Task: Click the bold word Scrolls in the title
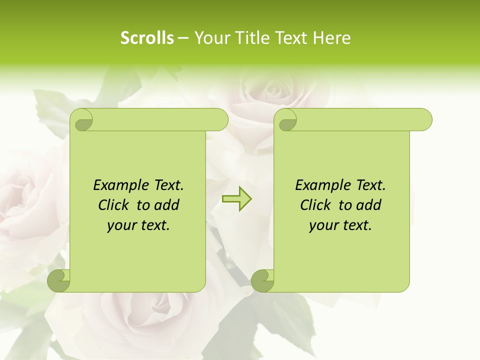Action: pos(147,37)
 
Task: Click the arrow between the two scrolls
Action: pos(236,199)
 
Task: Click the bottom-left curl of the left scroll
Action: pos(59,280)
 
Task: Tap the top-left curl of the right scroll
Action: pos(286,120)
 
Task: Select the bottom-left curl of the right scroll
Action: pos(263,280)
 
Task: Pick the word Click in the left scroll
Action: pos(113,205)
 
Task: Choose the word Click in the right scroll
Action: pos(315,205)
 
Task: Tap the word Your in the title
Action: pos(209,37)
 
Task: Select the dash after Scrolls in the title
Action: pos(182,38)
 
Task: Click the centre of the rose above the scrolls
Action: pos(272,90)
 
